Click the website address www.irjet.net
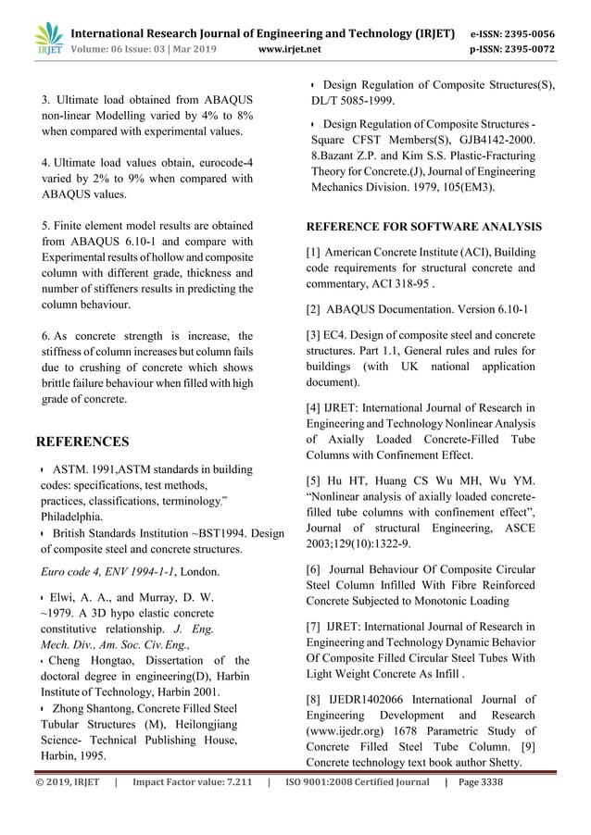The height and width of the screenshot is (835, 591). (x=291, y=49)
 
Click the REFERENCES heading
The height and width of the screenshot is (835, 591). (x=82, y=442)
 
